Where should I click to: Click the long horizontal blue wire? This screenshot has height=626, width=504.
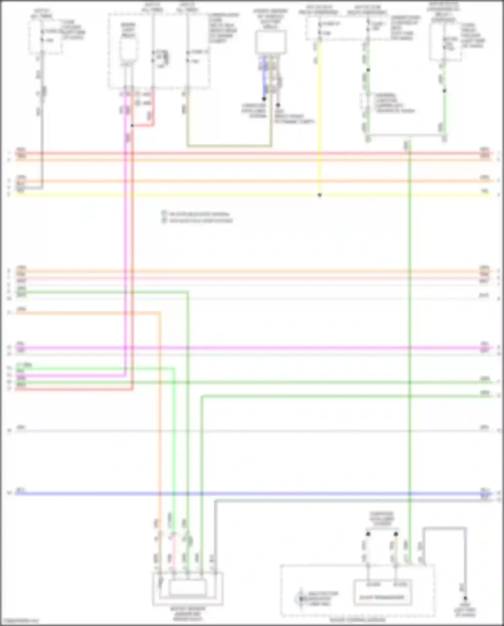[x=269, y=494]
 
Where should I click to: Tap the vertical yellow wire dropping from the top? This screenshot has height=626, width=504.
[x=319, y=118]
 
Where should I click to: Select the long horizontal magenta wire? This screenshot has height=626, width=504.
[x=269, y=348]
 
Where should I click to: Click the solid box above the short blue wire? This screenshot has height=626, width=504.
[x=271, y=42]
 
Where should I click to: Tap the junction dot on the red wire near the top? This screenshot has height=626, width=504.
[x=132, y=126]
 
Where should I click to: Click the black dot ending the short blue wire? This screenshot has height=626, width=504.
[x=264, y=99]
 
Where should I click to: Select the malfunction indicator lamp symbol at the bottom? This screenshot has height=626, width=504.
[x=301, y=599]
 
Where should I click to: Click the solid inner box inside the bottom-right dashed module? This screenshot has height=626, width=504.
[x=382, y=593]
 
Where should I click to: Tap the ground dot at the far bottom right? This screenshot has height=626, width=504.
[x=465, y=598]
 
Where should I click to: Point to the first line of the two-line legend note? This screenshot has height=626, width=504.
[x=198, y=214]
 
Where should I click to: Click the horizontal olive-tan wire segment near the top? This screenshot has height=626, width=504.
[x=228, y=146]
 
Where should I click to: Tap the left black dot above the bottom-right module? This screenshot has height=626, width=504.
[x=368, y=534]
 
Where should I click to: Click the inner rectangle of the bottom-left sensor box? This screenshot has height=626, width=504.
[x=187, y=587]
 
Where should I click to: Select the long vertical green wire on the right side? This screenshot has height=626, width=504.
[x=410, y=336]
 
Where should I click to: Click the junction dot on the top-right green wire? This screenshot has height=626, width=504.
[x=368, y=70]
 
